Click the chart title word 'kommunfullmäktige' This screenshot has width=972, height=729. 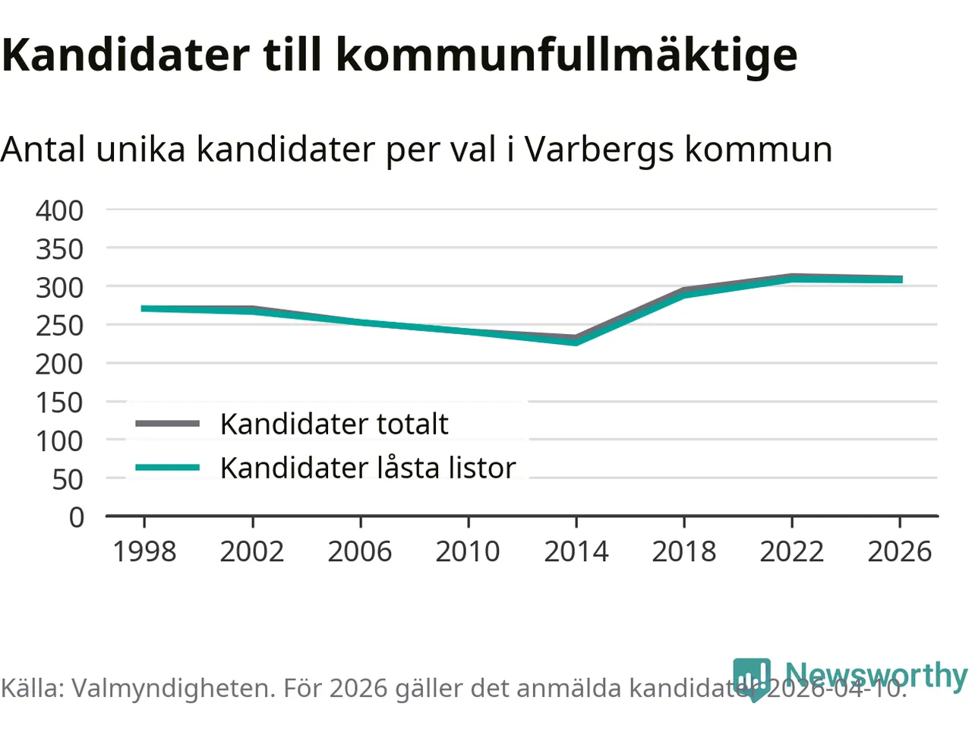point(566,55)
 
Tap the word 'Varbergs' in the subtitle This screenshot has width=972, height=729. point(599,150)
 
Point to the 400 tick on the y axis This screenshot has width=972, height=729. point(59,210)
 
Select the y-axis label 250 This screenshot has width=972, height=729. point(59,326)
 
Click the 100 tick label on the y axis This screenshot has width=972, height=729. point(59,441)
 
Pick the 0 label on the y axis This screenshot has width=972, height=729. point(76,518)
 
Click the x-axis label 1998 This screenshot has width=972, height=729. point(144,552)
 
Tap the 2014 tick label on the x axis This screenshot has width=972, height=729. point(576,552)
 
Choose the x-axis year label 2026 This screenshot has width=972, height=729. point(900,552)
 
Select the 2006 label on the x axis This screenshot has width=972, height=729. point(360,552)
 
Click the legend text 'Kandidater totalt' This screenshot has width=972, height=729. point(334,424)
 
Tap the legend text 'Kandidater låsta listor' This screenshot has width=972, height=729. point(368,469)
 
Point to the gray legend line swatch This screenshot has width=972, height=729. point(168,424)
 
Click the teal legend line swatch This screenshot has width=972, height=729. point(168,468)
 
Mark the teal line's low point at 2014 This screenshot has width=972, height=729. point(576,342)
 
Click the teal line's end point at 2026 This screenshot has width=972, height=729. point(901,279)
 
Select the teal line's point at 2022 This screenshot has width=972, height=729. point(792,279)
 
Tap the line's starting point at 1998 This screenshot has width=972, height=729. point(144,308)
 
